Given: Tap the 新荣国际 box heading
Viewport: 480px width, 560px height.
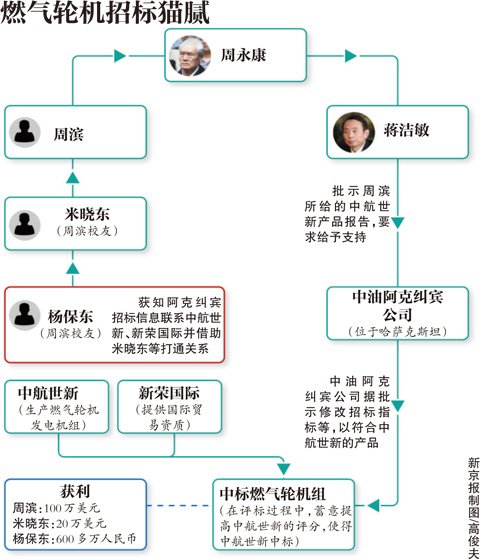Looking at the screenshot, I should pos(161,390).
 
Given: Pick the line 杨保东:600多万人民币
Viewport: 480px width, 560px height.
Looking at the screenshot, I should pos(75,541).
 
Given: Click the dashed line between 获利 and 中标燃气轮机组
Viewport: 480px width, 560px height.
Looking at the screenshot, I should pos(180,505).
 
